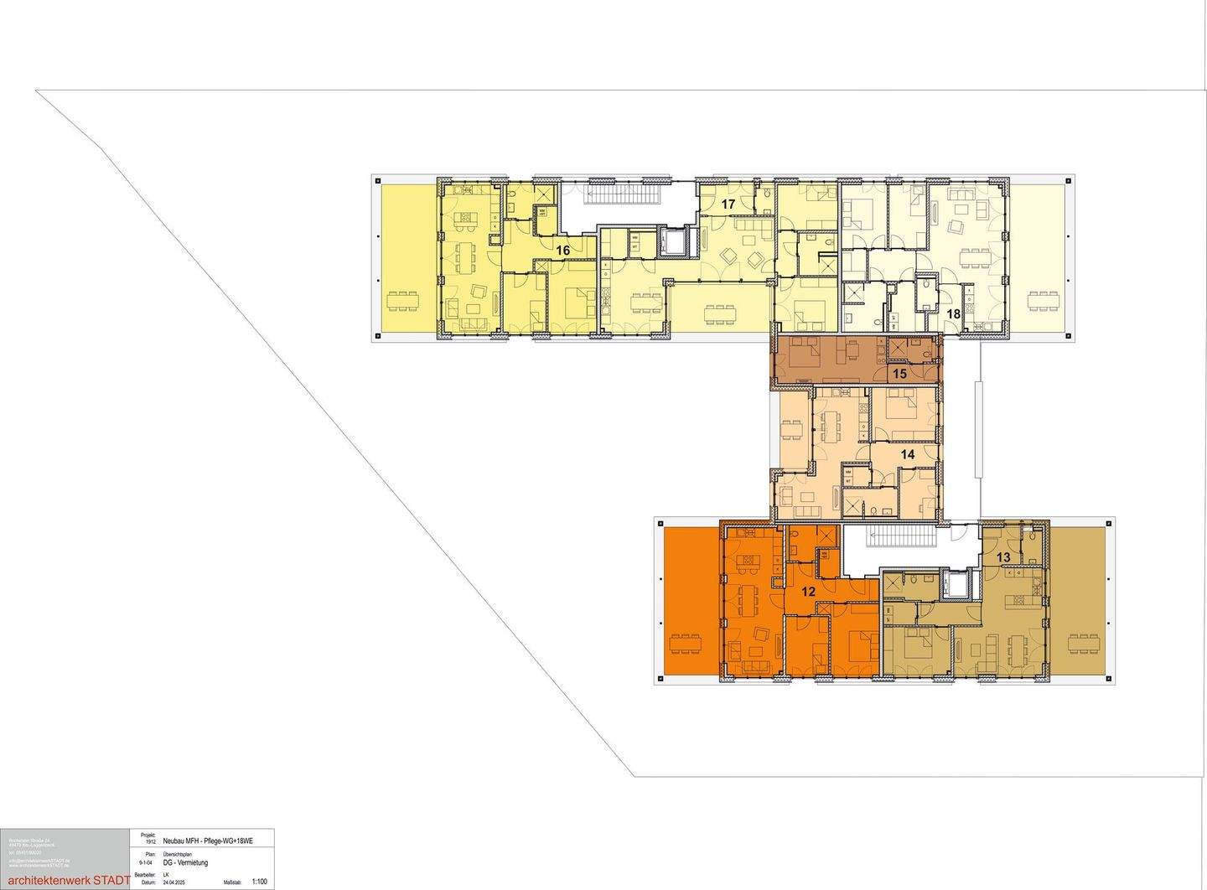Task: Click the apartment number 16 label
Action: [x=562, y=250]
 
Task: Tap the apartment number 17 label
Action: [x=728, y=204]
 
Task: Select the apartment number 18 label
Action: [x=953, y=313]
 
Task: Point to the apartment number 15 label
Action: [x=899, y=374]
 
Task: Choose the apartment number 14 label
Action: [x=907, y=453]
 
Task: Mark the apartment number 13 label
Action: [x=1003, y=557]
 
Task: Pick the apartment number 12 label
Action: [x=808, y=591]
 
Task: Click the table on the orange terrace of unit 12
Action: [x=686, y=644]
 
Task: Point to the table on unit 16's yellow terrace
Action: [x=403, y=300]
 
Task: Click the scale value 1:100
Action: [x=259, y=882]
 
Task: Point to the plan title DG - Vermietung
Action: [x=185, y=862]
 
